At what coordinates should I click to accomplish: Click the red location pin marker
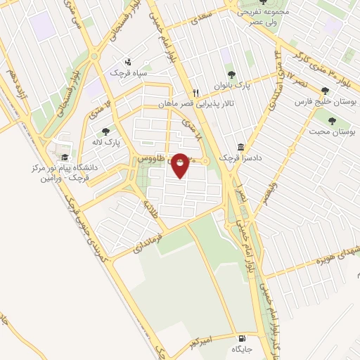coord(181,165)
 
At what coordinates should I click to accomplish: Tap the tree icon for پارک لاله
coord(106,131)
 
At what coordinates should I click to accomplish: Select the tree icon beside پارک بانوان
coord(230,75)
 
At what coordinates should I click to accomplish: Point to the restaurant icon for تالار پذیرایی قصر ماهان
coord(196,92)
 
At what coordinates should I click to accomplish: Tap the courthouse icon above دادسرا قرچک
coord(241,148)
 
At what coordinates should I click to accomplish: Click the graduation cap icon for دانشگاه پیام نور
coord(65,157)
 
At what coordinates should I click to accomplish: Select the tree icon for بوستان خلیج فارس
coord(324,91)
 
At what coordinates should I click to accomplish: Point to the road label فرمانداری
coord(141,238)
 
